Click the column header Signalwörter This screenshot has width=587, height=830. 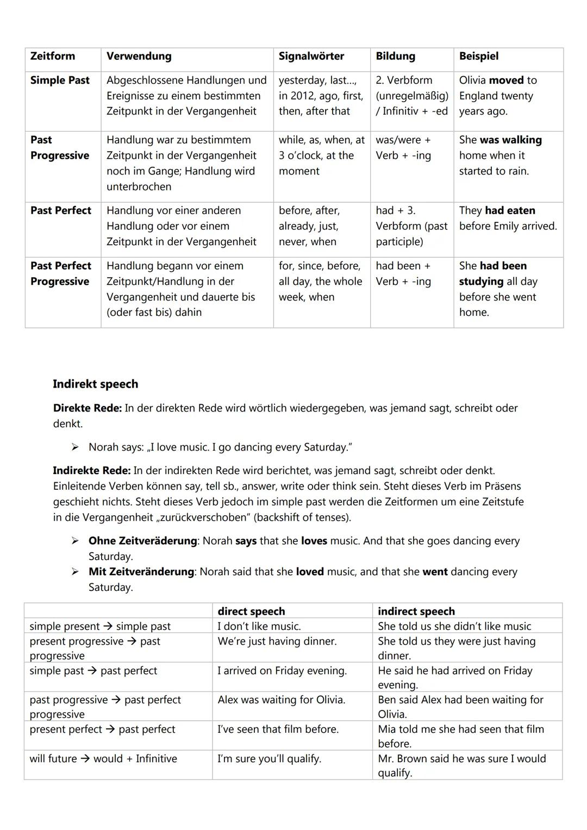point(311,56)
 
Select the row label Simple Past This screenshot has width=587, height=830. point(60,80)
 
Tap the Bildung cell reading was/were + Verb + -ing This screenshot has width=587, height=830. point(403,148)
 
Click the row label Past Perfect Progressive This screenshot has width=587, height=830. point(60,273)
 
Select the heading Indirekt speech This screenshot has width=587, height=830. point(95,384)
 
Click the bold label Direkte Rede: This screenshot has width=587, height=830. point(87,408)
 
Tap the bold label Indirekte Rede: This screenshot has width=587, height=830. point(91,470)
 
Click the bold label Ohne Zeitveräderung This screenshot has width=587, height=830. point(142,541)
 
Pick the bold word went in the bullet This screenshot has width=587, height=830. point(435,572)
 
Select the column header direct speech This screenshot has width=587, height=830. point(251,611)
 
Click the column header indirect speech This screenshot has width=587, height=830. point(416,611)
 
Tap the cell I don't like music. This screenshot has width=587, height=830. point(259,626)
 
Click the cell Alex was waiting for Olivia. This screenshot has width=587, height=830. point(281,700)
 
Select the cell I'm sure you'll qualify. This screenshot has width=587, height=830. point(269,759)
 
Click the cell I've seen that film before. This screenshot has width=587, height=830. point(278,729)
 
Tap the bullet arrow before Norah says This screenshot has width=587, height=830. point(75,447)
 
